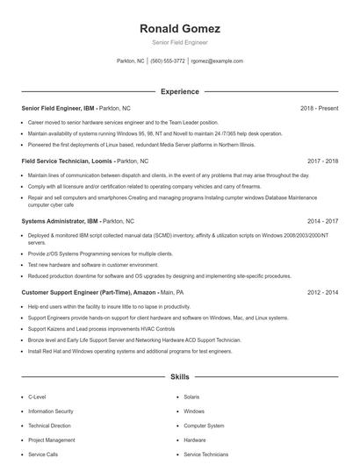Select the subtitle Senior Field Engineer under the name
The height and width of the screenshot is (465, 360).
coord(179,42)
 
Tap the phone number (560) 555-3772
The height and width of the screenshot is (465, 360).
coord(167,61)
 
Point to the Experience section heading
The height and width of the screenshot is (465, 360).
coord(179,91)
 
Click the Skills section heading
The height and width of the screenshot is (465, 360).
coord(179,376)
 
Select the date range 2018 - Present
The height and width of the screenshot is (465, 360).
coord(319,108)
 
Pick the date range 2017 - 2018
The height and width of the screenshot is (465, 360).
coord(323,161)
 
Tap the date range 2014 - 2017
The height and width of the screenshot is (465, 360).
coord(323,222)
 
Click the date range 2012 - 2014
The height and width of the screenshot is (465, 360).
coord(323,291)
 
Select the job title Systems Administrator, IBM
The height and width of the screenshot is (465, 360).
coord(59,222)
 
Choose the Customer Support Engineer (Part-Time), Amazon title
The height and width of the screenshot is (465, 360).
coord(90,291)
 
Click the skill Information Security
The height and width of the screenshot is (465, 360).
coord(51,411)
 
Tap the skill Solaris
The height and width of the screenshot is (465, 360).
coord(192,397)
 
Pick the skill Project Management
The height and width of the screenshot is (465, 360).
coord(52,440)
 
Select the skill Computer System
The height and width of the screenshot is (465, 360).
coord(204,426)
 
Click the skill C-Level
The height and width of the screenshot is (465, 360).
coord(38,397)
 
